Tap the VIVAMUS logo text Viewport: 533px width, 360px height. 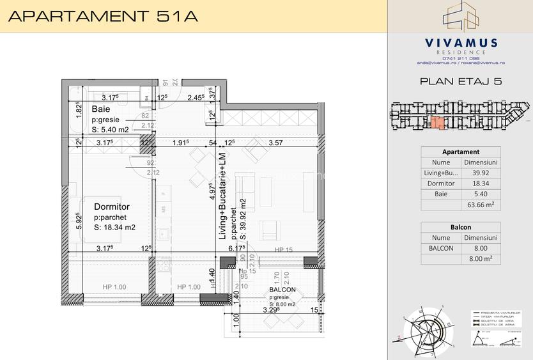461,43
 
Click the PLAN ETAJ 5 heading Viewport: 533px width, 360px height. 460,81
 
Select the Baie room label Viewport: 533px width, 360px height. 100,109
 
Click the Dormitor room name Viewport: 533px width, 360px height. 112,207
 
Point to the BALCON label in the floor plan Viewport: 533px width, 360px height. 281,290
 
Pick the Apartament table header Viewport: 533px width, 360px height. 461,152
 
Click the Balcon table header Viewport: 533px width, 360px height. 461,227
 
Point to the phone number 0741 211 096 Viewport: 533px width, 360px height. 460,58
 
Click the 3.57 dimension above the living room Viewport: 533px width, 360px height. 276,144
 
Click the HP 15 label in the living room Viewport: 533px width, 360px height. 283,250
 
